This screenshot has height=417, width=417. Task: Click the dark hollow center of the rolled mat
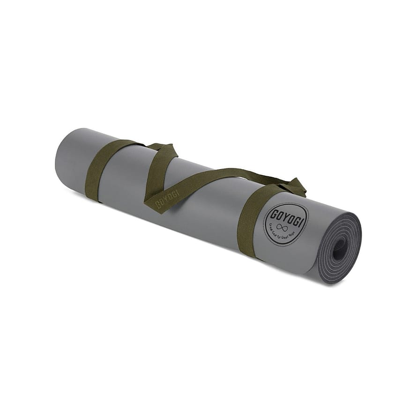339,249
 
